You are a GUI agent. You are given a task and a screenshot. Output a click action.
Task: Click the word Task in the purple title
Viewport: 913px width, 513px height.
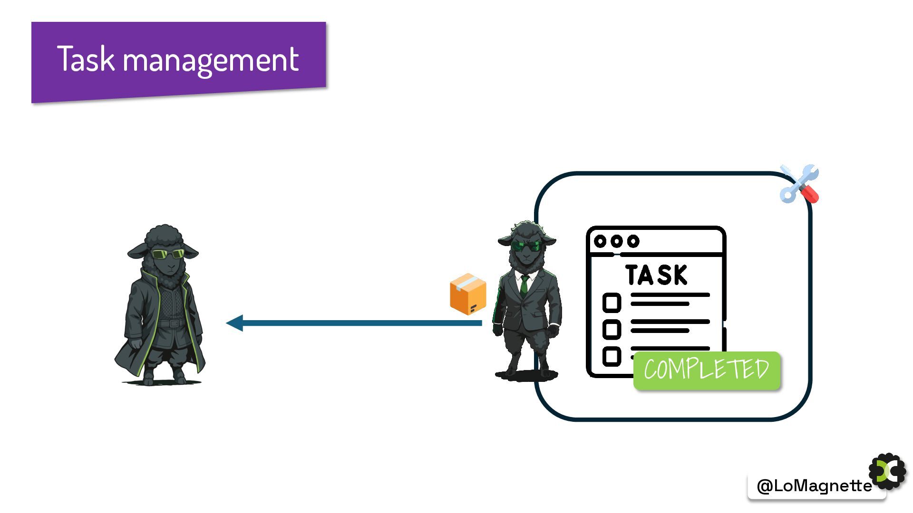tap(86, 59)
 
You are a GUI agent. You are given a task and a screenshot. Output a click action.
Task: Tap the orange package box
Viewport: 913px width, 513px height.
tap(468, 294)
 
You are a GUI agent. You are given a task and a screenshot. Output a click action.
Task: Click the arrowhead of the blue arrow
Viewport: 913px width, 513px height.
tap(234, 323)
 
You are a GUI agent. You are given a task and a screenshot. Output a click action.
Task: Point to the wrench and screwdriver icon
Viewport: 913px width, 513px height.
tap(799, 184)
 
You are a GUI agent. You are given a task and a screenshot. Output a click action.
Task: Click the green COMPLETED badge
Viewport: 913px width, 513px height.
tap(707, 370)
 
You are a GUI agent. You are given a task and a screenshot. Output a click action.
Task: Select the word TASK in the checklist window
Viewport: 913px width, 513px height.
tap(656, 275)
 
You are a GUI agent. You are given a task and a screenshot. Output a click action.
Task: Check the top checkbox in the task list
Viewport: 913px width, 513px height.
tap(612, 303)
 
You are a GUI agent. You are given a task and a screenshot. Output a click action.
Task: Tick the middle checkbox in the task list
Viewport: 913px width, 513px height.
tap(612, 329)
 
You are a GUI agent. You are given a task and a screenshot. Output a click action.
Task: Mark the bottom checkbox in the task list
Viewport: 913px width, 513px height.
tap(612, 356)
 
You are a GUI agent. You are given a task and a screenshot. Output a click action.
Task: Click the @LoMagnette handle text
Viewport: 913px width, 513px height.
tap(814, 486)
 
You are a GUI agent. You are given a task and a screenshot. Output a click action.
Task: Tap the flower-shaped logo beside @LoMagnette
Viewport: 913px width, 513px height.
tap(887, 472)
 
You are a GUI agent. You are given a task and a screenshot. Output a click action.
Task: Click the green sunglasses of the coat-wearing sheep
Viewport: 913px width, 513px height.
tap(167, 254)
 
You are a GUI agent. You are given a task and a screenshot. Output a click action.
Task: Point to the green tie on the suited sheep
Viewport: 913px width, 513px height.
tap(524, 285)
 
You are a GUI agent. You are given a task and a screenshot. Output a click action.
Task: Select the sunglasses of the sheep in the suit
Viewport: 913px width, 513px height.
tap(526, 246)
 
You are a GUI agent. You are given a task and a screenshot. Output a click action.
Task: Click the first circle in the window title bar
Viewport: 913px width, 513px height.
tap(600, 241)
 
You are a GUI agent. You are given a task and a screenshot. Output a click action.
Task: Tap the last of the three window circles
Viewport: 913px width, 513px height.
tap(633, 241)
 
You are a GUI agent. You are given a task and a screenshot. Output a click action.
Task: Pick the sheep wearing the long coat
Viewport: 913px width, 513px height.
tap(162, 309)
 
